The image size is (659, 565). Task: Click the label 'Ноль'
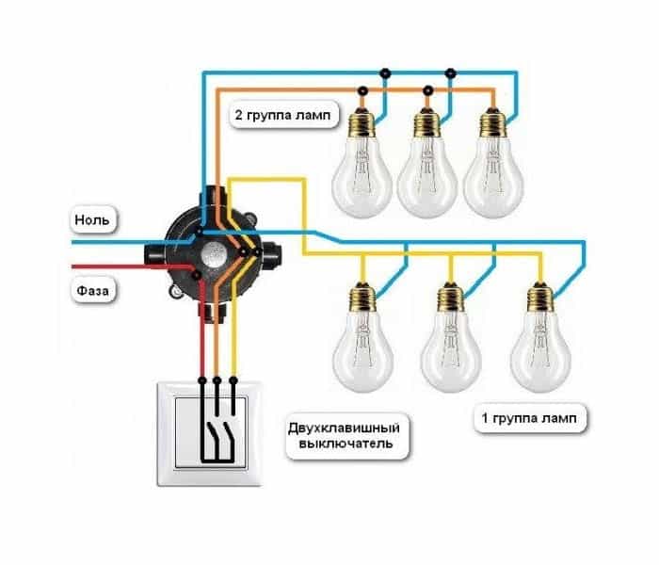(x=91, y=219)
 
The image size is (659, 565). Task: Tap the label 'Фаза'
(x=92, y=290)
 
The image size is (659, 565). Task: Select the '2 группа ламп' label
(x=283, y=114)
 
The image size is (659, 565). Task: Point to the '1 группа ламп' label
(x=529, y=418)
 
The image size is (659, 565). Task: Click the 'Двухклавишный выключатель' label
(x=344, y=435)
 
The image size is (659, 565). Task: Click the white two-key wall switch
(x=209, y=434)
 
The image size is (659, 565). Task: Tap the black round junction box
(x=213, y=253)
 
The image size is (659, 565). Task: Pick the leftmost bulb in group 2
(x=362, y=163)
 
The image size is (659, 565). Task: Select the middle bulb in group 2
(x=427, y=163)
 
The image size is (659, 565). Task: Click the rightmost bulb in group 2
(x=493, y=163)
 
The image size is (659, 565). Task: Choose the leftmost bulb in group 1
(x=363, y=337)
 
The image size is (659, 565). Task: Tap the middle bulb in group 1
(x=451, y=337)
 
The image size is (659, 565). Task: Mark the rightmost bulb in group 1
(x=540, y=337)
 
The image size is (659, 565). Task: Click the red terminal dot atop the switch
(x=202, y=380)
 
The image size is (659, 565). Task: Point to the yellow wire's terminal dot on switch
(x=233, y=380)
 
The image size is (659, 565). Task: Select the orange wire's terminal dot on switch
(x=217, y=380)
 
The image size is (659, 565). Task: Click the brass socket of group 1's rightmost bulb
(x=540, y=298)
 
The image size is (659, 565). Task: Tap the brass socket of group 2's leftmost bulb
(x=362, y=122)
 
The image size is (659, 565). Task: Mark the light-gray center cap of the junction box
(x=212, y=255)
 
